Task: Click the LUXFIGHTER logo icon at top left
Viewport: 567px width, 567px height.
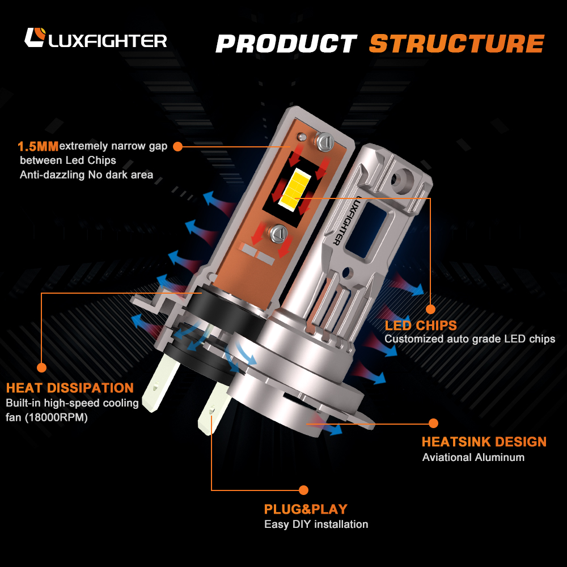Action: pos(35,37)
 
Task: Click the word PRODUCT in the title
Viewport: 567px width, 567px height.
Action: pos(286,44)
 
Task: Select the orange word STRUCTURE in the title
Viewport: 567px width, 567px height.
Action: pos(456,44)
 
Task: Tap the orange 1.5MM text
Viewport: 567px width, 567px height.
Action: pos(38,146)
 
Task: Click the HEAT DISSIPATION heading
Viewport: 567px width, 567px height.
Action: pos(70,388)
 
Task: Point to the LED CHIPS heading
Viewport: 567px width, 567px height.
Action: pos(421,325)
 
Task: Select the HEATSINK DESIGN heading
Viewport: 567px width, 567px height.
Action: pos(484,442)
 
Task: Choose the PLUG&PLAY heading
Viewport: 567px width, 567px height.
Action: pos(306,509)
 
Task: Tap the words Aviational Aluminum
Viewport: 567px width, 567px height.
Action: pos(473,458)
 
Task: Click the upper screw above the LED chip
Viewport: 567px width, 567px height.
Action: pos(325,141)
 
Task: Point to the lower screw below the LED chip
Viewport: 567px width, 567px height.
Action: pos(279,233)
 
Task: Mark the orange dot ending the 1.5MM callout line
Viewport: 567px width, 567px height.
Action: pos(177,146)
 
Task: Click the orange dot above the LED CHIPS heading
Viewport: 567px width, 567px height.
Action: pos(430,309)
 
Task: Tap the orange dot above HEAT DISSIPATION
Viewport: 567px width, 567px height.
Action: pos(41,368)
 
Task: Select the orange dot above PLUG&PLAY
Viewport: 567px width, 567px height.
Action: pos(303,490)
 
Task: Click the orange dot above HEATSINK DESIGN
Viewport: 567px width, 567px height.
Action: pos(433,423)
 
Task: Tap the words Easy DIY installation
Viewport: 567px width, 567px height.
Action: pos(316,524)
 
